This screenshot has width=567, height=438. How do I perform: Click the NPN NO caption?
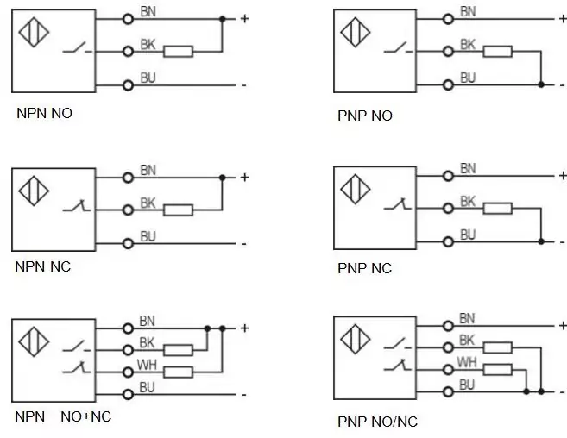coord(45,114)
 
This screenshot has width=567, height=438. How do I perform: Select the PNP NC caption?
coord(364,268)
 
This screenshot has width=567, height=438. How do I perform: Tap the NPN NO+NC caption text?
coord(63,416)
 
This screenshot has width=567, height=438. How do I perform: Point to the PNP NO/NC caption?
coord(377,422)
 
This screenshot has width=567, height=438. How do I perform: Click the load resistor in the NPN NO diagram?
coord(179,52)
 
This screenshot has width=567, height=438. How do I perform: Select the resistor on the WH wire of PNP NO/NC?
coord(498,370)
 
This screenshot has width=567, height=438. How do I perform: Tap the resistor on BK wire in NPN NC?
coord(179,210)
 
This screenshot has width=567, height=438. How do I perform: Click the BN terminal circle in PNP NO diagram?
coord(448,19)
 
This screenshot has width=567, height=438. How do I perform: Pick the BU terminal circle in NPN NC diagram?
coord(128,244)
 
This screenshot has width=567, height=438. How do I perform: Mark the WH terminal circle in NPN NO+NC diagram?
coord(128,372)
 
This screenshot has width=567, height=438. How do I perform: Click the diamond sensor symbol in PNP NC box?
coord(355,189)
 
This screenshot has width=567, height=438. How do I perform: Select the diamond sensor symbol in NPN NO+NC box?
coord(34,341)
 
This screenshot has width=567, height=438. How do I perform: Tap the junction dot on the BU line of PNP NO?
coord(541,84)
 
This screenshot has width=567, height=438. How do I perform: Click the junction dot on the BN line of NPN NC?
coord(223,178)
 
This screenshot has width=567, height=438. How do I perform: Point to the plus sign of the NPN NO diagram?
coord(244,18)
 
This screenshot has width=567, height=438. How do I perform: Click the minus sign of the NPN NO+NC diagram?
coord(243,395)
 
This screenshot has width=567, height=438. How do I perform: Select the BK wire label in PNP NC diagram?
coord(468,201)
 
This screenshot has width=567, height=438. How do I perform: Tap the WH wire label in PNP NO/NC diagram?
coord(467,362)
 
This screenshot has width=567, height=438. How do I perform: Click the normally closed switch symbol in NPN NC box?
coord(77,205)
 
